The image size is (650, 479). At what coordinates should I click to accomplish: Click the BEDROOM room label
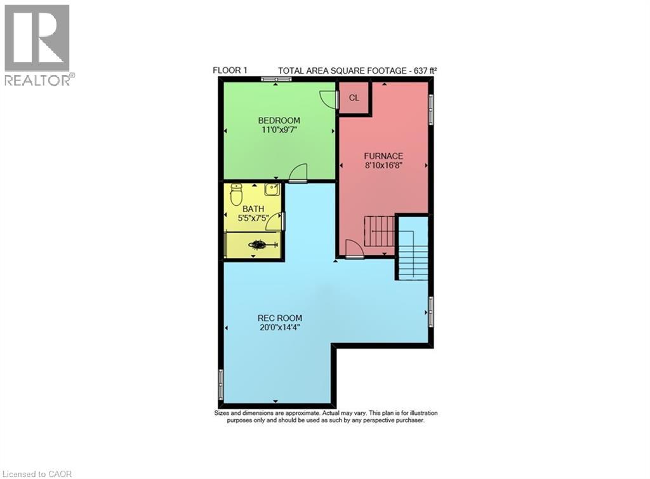click(279, 120)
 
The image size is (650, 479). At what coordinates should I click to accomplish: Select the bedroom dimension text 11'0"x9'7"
click(279, 130)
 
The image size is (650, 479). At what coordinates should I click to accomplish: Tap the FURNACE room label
click(383, 156)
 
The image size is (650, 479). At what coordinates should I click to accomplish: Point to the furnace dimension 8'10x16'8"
click(383, 165)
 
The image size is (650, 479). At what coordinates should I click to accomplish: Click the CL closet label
click(354, 98)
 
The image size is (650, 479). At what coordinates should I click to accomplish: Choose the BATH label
click(253, 208)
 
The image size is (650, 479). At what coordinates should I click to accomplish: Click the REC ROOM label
click(279, 318)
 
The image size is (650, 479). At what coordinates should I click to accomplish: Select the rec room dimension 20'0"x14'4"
click(279, 327)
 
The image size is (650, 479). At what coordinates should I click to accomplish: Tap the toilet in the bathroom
click(236, 194)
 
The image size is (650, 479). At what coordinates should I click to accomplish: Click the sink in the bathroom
click(272, 189)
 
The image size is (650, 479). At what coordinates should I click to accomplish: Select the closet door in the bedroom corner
click(328, 98)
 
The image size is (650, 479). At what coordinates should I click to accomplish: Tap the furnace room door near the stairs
click(354, 250)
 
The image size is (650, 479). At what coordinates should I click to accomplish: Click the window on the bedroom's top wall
click(275, 79)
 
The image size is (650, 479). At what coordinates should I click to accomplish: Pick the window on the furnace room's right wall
click(431, 107)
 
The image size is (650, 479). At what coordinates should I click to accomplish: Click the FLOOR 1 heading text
click(230, 71)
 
